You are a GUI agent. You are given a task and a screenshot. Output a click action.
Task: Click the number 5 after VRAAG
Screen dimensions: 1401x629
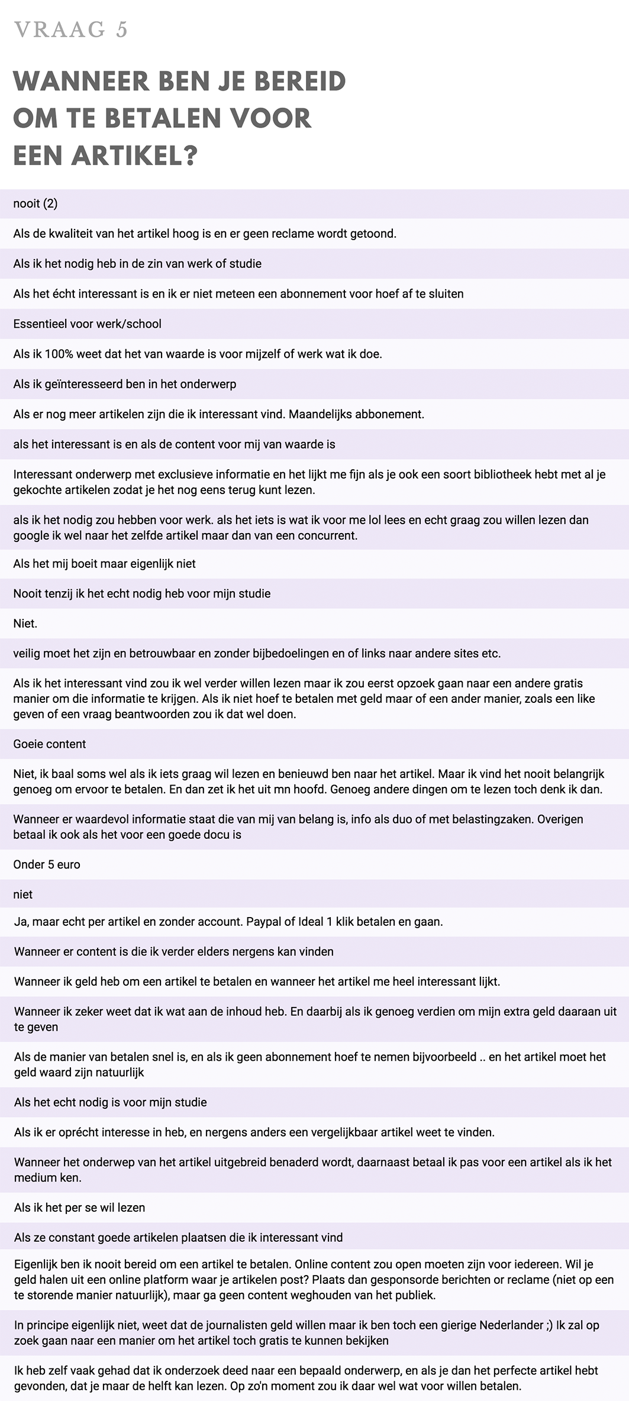point(121,30)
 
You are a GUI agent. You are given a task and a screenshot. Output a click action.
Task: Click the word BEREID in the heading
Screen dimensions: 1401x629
point(300,81)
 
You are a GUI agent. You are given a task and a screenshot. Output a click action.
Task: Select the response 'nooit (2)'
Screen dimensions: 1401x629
point(36,204)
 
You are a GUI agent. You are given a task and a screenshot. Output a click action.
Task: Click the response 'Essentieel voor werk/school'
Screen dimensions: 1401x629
point(87,324)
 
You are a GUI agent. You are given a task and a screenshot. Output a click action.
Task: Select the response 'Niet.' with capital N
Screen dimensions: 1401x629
point(25,624)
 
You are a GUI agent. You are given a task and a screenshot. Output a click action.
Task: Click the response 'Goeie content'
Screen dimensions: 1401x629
point(50,744)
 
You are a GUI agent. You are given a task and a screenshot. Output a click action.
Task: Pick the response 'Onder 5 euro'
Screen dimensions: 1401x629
point(47,864)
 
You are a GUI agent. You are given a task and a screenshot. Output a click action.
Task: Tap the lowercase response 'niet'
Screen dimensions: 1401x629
point(23,895)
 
